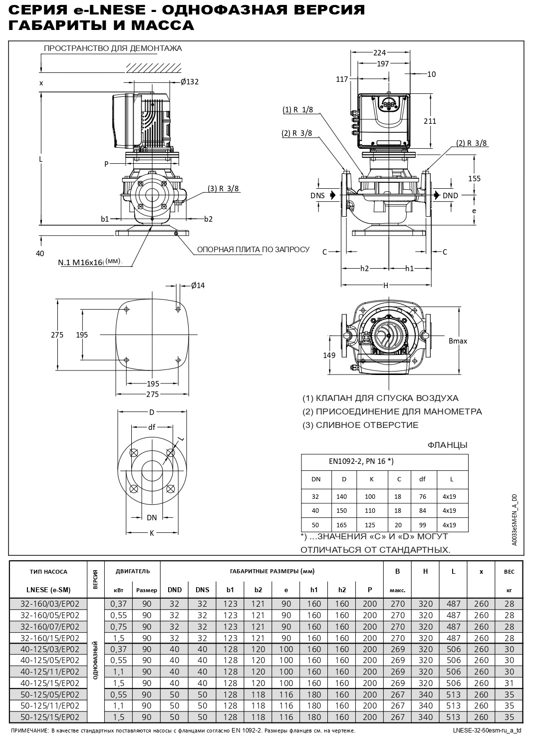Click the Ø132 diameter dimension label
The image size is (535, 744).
(x=190, y=82)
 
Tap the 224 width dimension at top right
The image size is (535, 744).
(x=380, y=52)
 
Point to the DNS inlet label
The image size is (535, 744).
(x=317, y=195)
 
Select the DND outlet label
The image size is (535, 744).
(x=450, y=195)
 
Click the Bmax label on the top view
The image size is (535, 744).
(x=458, y=341)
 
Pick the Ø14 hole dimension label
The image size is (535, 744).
(x=198, y=285)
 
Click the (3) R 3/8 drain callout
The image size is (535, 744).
(x=224, y=188)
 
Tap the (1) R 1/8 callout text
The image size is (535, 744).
(x=298, y=109)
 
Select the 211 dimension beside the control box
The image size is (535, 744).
(x=430, y=121)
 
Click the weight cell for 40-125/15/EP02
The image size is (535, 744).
(x=509, y=683)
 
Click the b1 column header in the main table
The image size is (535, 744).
(x=230, y=590)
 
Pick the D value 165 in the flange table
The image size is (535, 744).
(x=344, y=525)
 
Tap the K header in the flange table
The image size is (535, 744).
(x=372, y=479)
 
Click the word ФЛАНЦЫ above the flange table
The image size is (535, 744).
(x=447, y=445)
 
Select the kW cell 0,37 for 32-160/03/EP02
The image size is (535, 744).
(x=119, y=604)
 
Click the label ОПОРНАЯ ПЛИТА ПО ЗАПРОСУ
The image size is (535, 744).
(x=253, y=249)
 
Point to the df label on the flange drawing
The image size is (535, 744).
(x=152, y=427)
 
